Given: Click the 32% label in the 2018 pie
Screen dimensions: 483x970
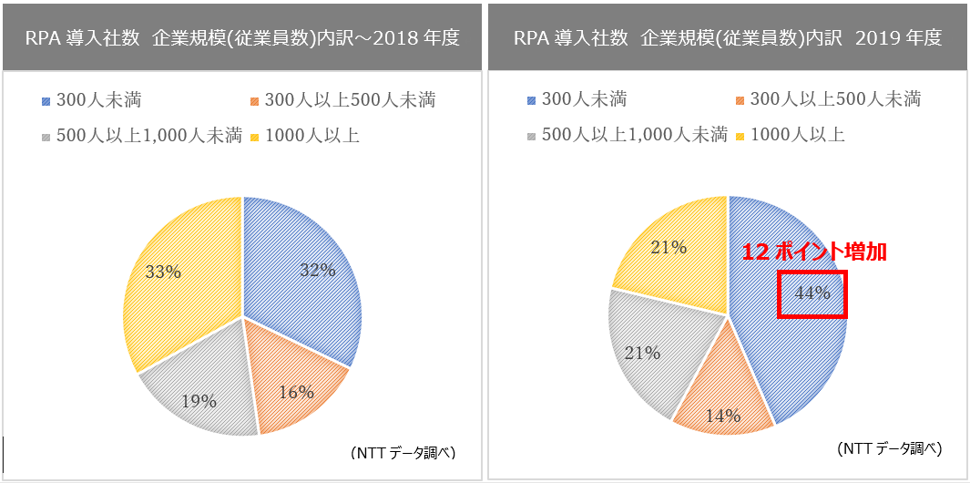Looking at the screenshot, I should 318,270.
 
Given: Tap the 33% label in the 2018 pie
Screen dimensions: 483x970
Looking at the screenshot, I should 163,272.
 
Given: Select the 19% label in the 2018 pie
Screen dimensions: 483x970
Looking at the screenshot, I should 198,401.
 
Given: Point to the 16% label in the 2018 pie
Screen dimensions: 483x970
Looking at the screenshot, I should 295,392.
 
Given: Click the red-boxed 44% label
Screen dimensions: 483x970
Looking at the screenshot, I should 812,293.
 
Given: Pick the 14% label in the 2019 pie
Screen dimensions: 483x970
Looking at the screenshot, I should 722,417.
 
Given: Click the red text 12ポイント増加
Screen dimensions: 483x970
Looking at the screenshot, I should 813,252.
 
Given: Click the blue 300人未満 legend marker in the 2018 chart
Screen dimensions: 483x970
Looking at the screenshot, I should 46,100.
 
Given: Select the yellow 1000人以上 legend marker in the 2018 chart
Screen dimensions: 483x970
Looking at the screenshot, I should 256,137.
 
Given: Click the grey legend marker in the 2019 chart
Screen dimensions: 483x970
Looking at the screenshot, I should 532,136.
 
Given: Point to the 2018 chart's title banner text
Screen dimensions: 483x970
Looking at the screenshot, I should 241,38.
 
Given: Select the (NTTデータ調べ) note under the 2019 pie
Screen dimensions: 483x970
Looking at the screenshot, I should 888,448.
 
